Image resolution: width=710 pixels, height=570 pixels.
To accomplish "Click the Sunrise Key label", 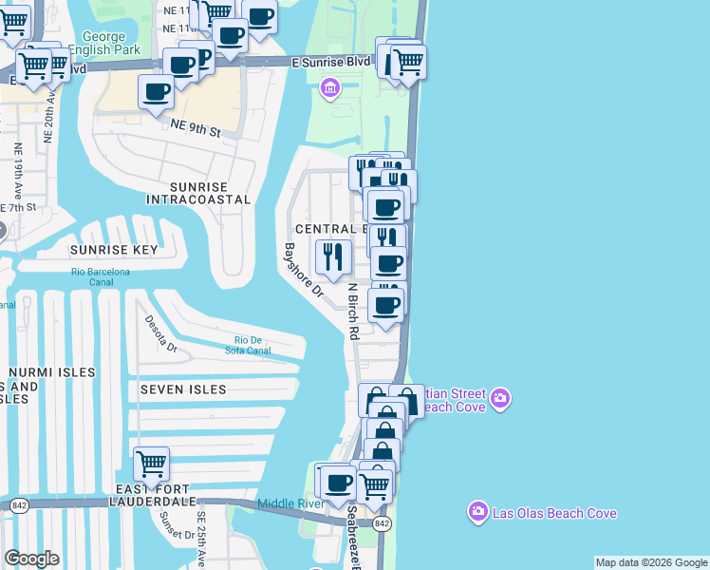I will (x=112, y=250).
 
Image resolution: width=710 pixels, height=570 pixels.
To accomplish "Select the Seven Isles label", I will (x=183, y=389).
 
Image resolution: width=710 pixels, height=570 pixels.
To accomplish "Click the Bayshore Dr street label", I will (x=303, y=272).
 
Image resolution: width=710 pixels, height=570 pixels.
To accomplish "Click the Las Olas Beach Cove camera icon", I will (x=477, y=513).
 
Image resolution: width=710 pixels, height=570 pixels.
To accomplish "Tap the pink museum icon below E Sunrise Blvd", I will (x=329, y=89).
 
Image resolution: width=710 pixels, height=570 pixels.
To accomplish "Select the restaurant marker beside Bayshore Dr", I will (x=332, y=256).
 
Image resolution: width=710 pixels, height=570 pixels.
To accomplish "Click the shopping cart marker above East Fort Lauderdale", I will (x=151, y=465).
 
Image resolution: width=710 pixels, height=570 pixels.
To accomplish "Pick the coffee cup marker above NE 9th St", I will (x=157, y=93).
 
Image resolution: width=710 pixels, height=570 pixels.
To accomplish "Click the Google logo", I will (x=31, y=559).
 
